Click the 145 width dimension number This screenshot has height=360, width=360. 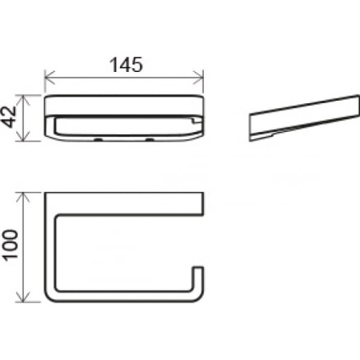coord(126,65)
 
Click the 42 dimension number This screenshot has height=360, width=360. coord(9,117)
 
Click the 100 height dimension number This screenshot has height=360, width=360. coord(10,245)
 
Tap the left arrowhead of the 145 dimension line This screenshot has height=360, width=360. coord(50,78)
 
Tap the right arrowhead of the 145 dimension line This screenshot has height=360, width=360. coord(198,78)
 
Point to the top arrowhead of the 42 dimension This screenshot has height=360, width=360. coord(24,100)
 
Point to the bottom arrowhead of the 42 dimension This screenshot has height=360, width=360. coord(24,136)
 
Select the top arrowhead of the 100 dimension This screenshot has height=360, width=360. coord(24,198)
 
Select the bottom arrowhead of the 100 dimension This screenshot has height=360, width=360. coord(24,297)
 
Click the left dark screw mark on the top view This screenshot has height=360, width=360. coord(98,139)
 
